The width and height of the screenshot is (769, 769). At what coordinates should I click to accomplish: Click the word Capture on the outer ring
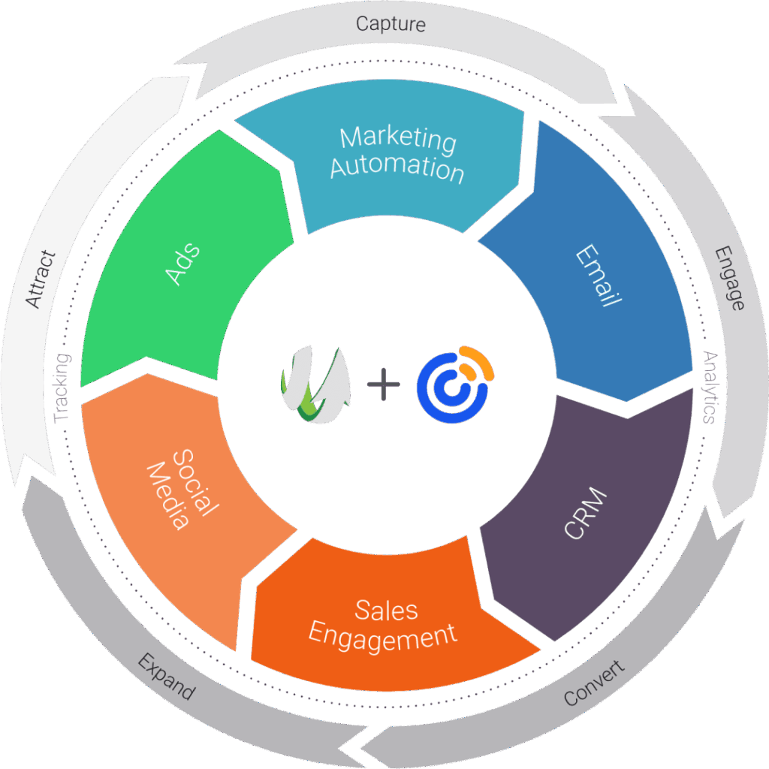[x=391, y=24]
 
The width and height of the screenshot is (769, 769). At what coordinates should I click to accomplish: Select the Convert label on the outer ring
[x=594, y=683]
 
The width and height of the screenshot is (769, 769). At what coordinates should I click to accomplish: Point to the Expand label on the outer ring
[x=166, y=677]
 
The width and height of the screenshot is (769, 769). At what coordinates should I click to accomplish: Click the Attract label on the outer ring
[x=41, y=279]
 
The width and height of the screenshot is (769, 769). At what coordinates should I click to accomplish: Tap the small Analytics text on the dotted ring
[x=708, y=388]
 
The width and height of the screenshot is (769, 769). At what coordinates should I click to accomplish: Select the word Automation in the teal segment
[x=397, y=167]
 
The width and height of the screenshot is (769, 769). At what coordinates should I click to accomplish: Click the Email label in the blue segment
[x=598, y=277]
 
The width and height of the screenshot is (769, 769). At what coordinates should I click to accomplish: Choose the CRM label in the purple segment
[x=585, y=514]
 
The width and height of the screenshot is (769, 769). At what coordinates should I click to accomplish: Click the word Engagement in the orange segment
[x=383, y=637]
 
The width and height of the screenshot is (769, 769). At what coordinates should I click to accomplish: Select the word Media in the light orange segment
[x=167, y=496]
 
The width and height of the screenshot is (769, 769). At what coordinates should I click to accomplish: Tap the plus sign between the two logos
[x=384, y=386]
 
